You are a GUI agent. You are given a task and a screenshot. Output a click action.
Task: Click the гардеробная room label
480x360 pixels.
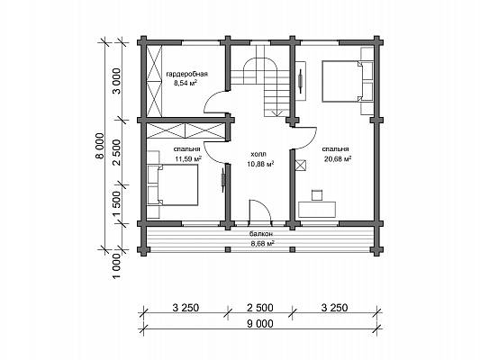[x=187, y=74]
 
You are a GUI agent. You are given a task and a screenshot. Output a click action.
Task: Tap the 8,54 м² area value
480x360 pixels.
[x=186, y=83]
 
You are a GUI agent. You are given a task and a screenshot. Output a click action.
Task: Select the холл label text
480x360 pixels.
[x=258, y=154]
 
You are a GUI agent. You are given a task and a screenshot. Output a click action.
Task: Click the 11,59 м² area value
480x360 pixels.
[x=188, y=158]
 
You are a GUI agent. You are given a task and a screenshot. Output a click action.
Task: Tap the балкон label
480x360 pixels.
[x=261, y=234]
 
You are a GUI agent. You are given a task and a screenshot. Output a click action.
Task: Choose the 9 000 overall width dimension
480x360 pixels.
[x=259, y=323]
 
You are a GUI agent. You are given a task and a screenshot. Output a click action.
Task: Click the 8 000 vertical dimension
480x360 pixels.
[x=101, y=146]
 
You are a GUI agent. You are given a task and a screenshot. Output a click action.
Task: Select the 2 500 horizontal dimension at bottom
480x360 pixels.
[x=260, y=308]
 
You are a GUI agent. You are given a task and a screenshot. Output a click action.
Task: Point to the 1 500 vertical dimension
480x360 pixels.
[x=118, y=204]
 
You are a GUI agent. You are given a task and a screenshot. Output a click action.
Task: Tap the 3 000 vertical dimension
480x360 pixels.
[x=118, y=81]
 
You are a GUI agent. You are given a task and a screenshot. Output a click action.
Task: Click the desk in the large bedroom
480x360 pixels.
[x=317, y=210]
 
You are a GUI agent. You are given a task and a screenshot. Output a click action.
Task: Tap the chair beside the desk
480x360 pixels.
[x=317, y=195]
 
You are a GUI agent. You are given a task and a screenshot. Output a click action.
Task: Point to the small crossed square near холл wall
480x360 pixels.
[x=301, y=166]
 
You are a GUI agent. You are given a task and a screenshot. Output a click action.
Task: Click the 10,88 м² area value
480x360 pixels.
[x=260, y=164]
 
